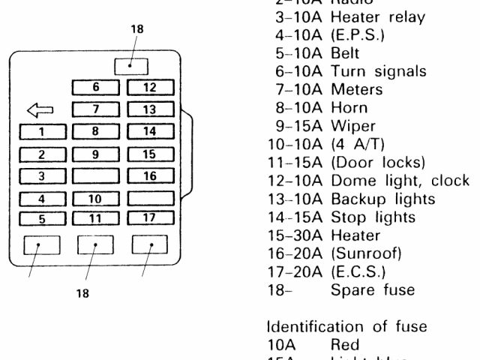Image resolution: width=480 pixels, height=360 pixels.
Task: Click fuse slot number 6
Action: point(95,87)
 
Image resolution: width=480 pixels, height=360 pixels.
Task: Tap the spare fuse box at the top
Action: point(130,64)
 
